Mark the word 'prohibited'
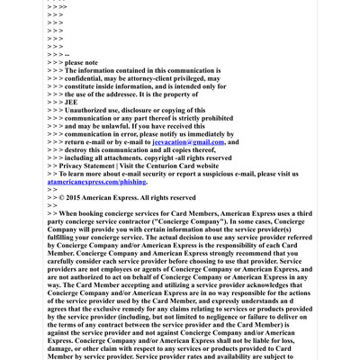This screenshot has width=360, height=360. tap(203, 118)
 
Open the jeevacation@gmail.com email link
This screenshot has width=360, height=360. tap(188, 142)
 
